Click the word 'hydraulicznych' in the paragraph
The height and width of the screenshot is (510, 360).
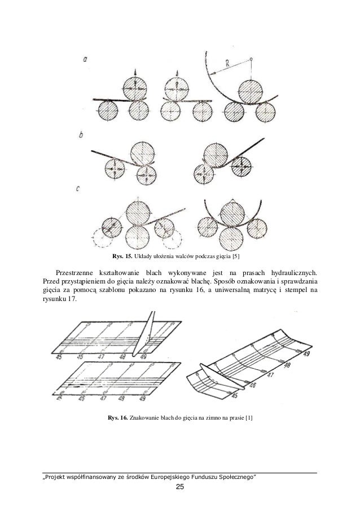289,272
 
